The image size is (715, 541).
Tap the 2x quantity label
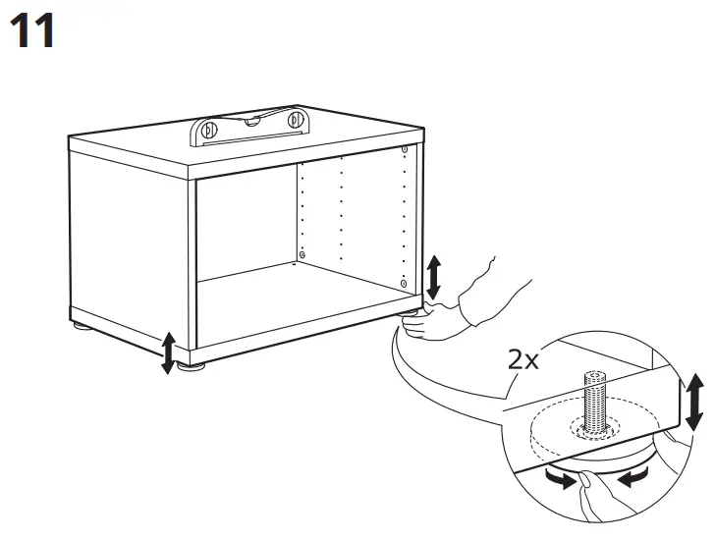pyautogui.click(x=524, y=358)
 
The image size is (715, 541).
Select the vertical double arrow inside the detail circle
pyautogui.click(x=694, y=403)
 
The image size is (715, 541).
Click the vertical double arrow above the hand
pyautogui.click(x=433, y=277)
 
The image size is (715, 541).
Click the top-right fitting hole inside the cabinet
pyautogui.click(x=404, y=147)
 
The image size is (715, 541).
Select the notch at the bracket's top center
pyautogui.click(x=249, y=119)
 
